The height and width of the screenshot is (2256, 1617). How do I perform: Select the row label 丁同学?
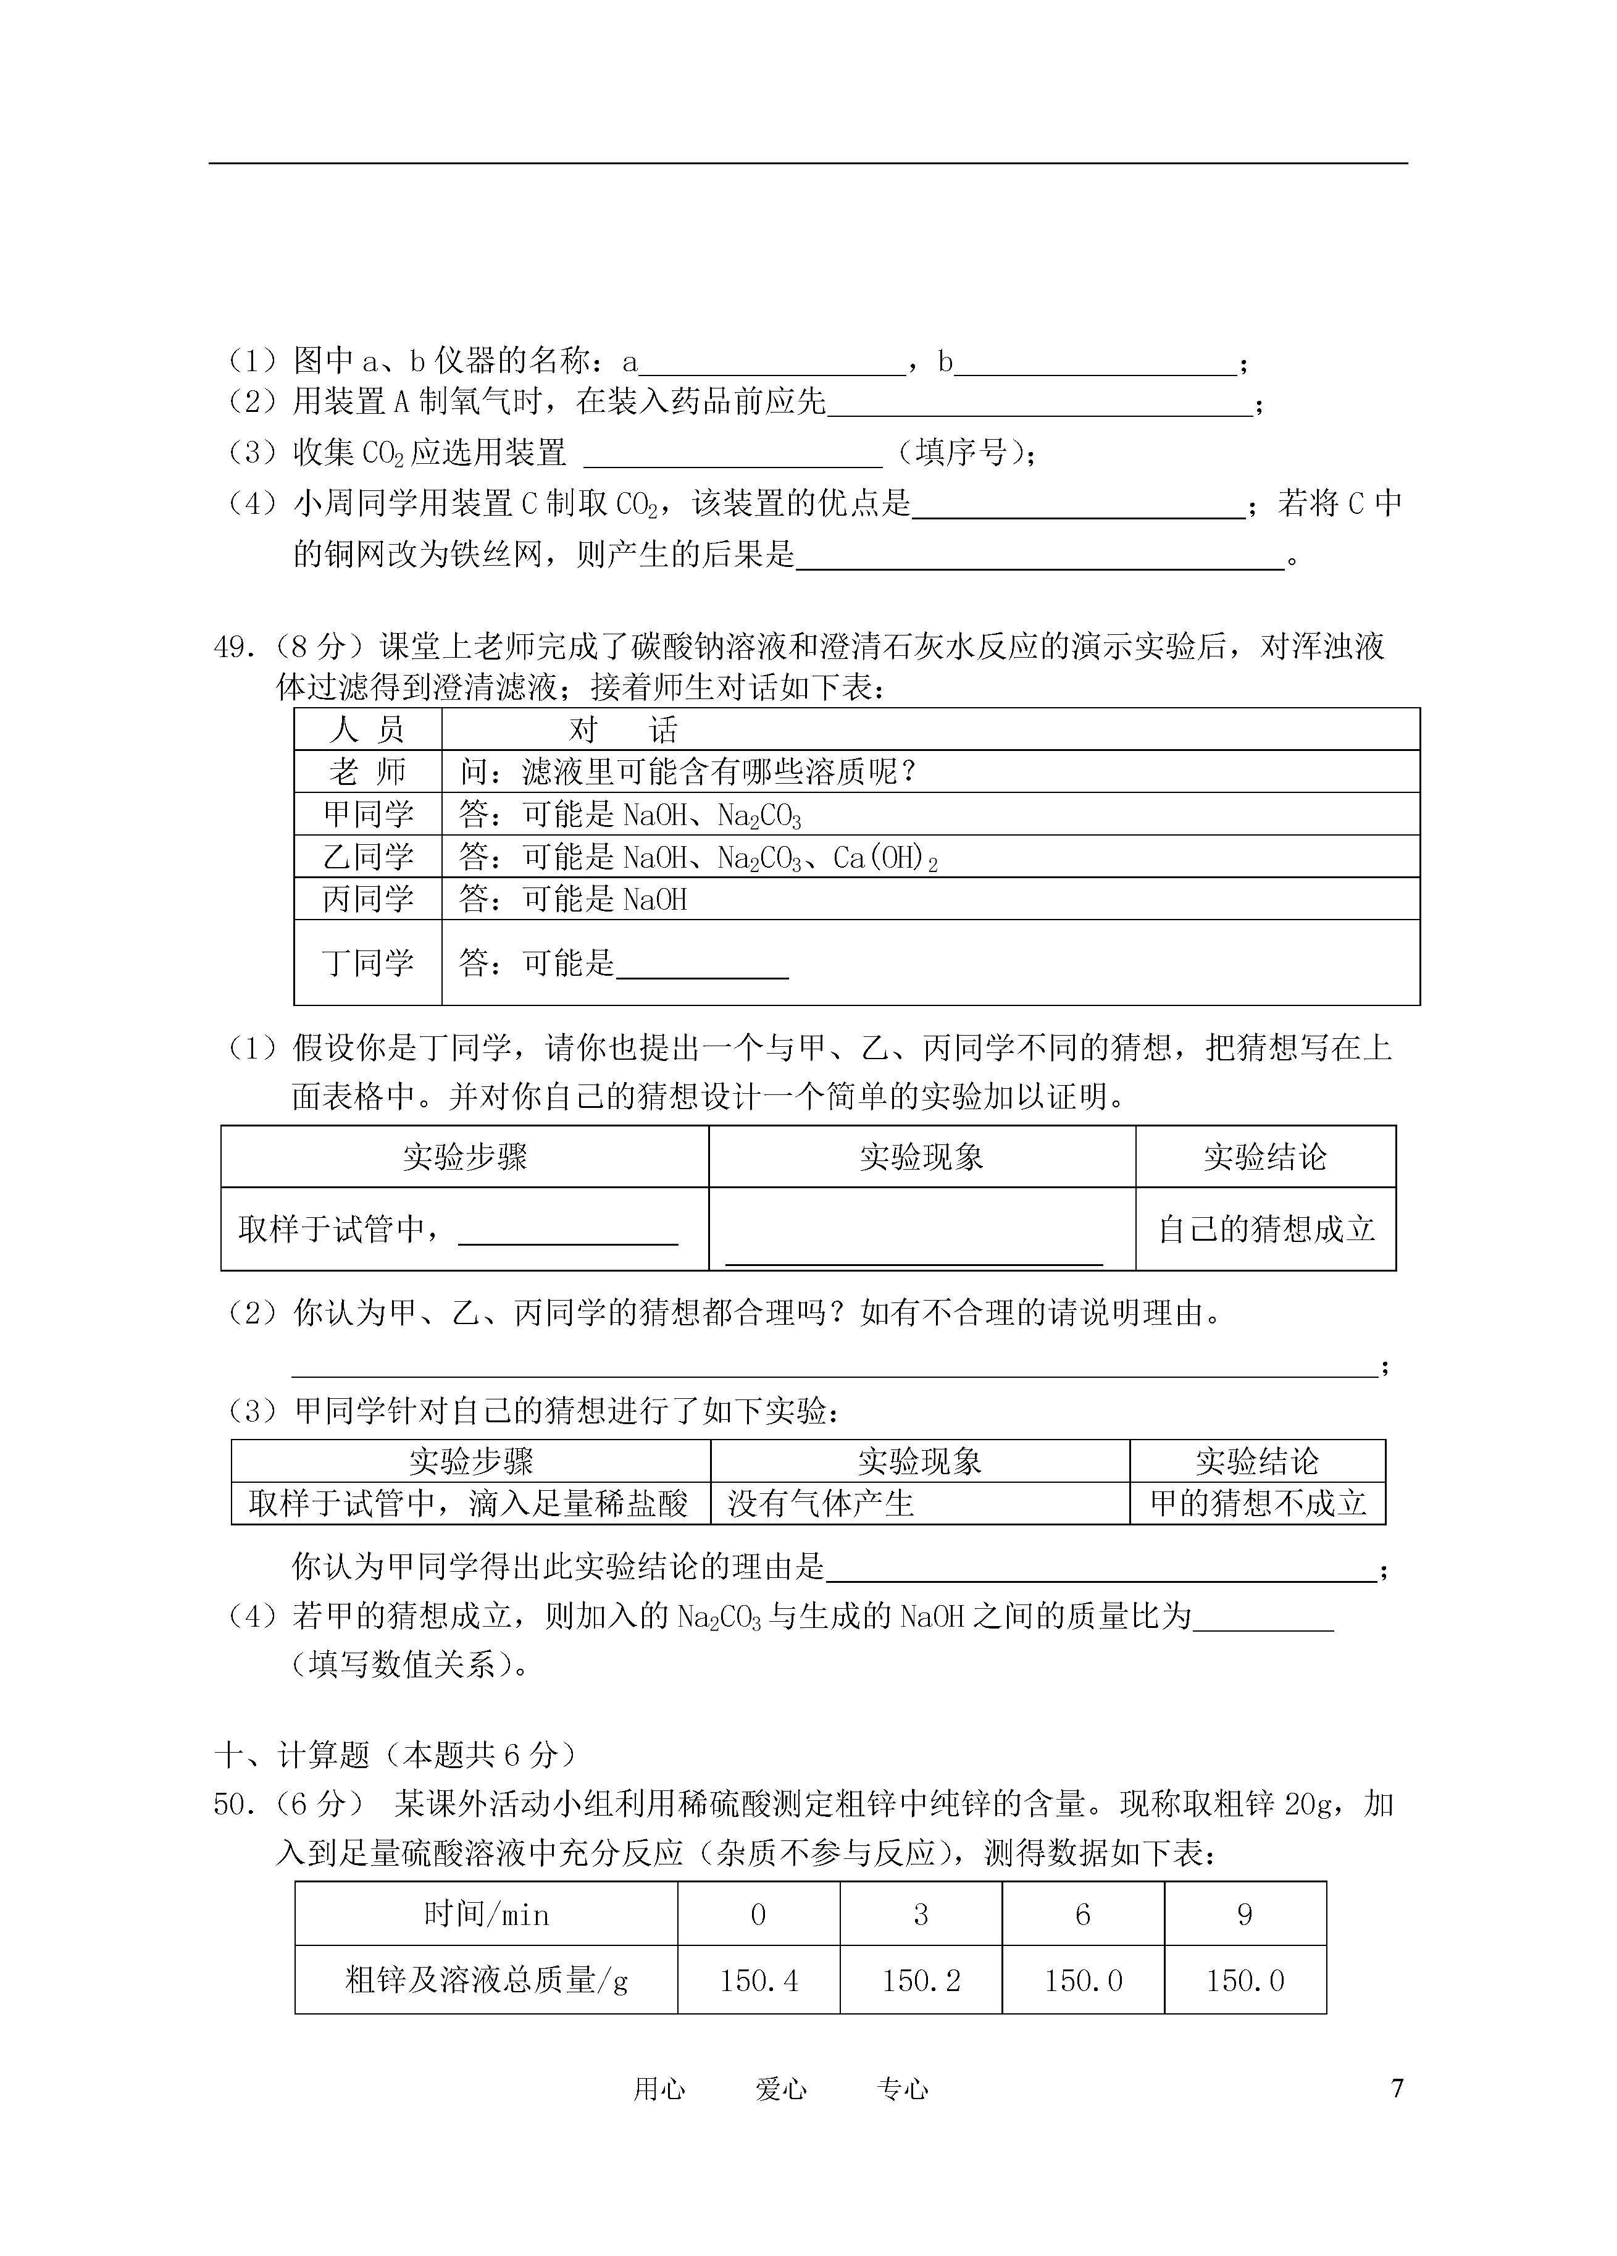tap(368, 963)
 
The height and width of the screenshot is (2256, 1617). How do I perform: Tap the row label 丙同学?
tap(368, 899)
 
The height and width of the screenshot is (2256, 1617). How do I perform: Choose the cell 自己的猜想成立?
tap(1266, 1230)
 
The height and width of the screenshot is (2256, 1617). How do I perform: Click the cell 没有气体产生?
tap(821, 1503)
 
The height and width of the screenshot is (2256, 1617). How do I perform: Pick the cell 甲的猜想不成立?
tap(1258, 1503)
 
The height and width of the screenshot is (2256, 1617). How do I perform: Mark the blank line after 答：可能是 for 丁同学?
tap(702, 965)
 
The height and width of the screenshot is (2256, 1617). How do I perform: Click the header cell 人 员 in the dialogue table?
tap(368, 730)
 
